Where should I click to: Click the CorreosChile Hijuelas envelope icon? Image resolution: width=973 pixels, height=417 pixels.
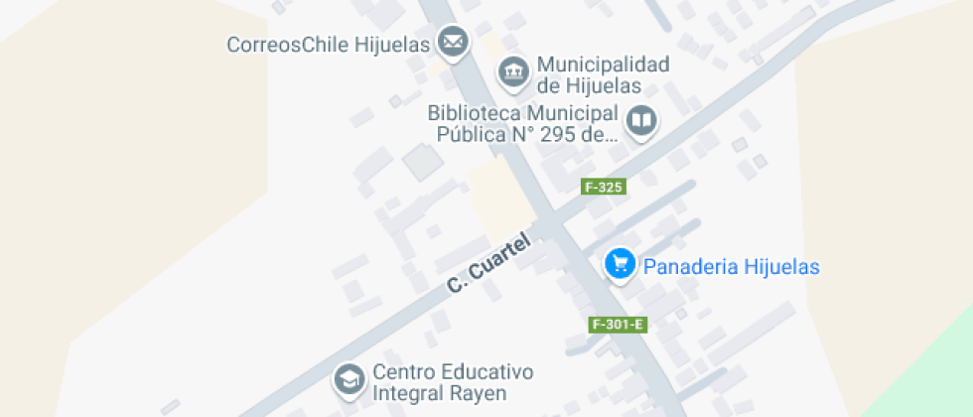tap(454, 42)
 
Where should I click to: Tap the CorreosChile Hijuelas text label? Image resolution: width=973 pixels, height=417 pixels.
tap(329, 45)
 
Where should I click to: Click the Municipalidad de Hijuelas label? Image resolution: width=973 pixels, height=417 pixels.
tap(603, 75)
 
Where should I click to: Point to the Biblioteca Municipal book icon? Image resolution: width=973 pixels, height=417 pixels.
tap(642, 121)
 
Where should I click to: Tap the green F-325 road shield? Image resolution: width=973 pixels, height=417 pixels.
tap(604, 187)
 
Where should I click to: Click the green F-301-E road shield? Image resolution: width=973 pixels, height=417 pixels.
tap(619, 325)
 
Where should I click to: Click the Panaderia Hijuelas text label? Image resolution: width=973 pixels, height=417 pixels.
tap(732, 266)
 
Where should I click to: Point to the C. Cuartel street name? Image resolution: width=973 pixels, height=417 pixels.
tap(489, 265)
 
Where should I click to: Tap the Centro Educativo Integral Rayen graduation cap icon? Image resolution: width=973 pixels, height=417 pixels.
tap(348, 378)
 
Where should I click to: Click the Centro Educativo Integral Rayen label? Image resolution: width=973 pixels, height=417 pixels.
tap(452, 383)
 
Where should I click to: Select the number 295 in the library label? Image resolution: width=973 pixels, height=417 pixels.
tap(559, 135)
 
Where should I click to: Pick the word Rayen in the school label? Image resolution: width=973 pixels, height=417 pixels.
tap(481, 394)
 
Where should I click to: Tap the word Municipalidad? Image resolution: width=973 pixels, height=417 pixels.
tap(603, 65)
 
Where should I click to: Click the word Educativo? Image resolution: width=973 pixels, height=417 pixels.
tap(486, 372)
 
